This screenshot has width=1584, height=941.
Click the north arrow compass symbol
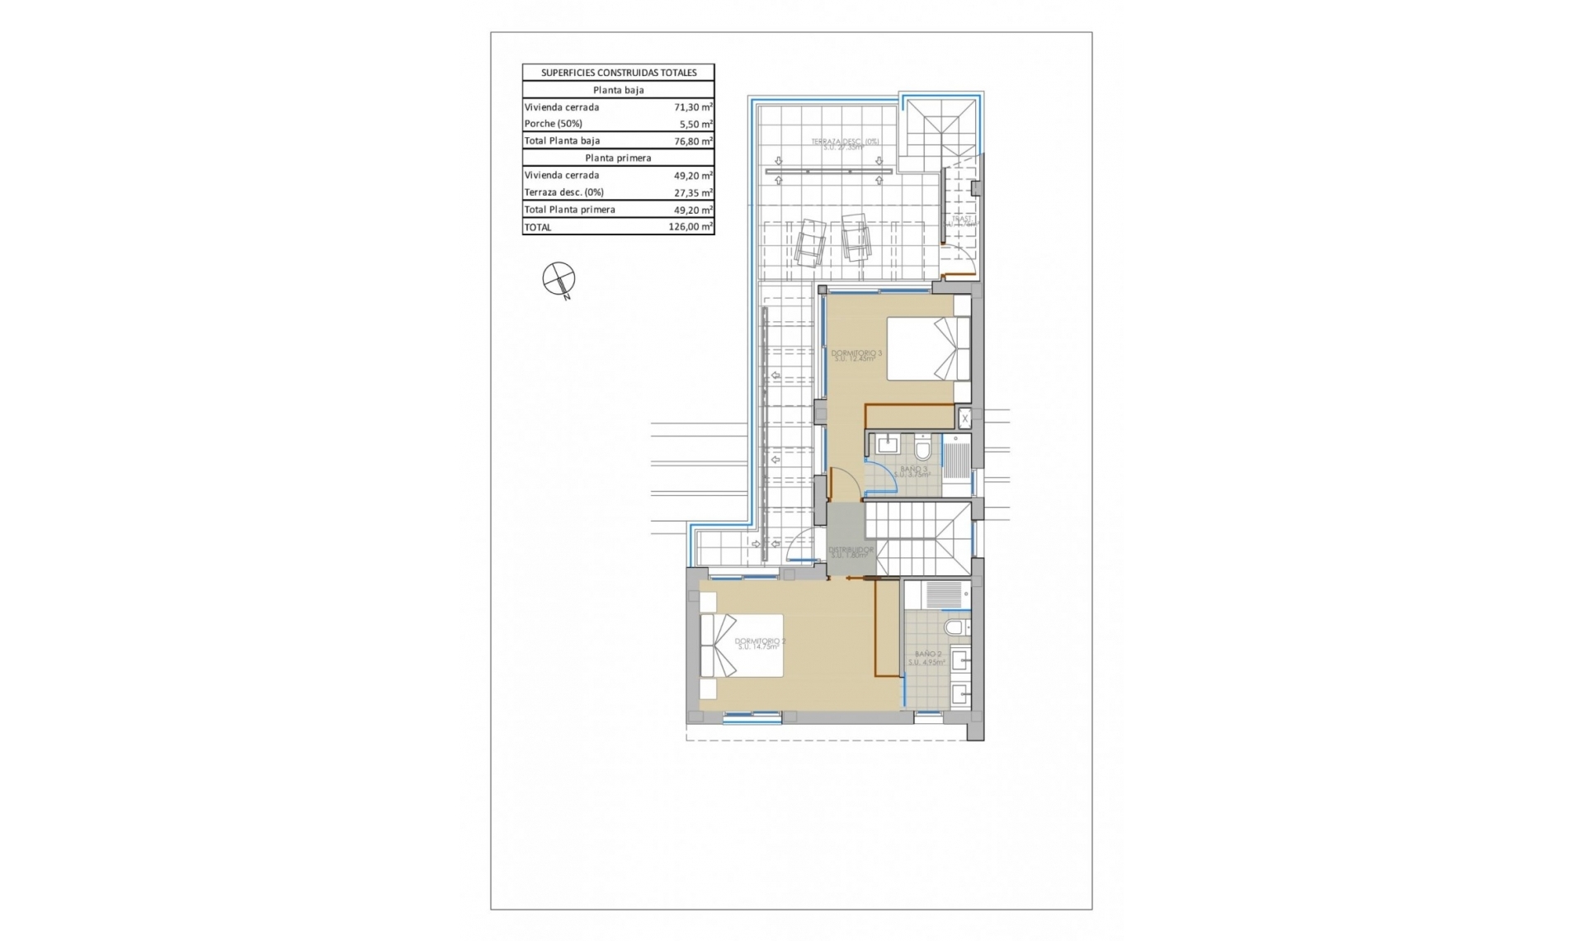[x=559, y=279]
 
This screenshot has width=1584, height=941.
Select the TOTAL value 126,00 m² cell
[x=691, y=227]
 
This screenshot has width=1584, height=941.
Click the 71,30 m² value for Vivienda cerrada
[x=692, y=107]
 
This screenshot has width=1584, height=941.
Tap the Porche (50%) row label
[x=554, y=124]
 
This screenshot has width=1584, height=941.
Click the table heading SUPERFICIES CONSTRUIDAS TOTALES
[x=618, y=73]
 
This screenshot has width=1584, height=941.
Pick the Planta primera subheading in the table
[x=618, y=158]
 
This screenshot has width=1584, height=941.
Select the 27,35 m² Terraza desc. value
[x=692, y=192]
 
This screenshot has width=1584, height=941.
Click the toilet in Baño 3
[x=922, y=450]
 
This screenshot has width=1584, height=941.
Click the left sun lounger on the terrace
[x=810, y=242]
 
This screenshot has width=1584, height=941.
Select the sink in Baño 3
[x=887, y=445]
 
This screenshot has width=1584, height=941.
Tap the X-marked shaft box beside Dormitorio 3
[x=964, y=418]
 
